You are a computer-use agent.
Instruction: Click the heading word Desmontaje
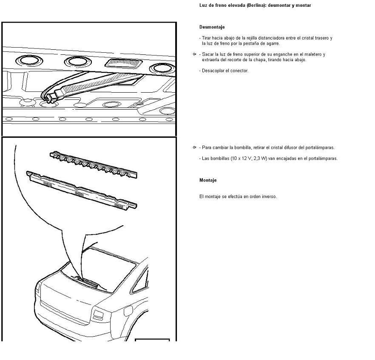212,27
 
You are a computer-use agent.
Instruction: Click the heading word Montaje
208,180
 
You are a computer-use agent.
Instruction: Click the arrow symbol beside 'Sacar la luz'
194,54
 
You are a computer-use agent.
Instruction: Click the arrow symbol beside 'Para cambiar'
194,147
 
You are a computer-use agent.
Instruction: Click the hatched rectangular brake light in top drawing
124,63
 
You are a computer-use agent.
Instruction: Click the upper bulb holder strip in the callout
94,165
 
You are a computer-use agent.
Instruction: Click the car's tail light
98,315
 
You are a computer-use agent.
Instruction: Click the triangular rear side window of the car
140,280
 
